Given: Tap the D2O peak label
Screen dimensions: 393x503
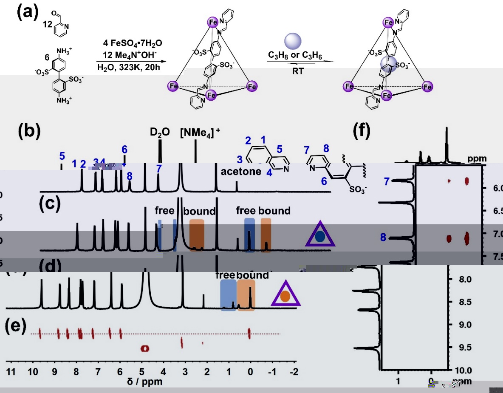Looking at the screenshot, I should (160, 132).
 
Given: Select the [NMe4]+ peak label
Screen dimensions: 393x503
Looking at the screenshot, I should (200, 132).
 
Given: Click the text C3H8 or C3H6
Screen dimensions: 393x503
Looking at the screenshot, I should (292, 55).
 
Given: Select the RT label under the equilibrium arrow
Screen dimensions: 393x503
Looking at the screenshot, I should (298, 71).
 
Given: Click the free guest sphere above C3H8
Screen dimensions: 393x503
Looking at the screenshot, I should (292, 41).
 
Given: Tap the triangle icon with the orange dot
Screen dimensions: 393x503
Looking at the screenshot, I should (286, 294).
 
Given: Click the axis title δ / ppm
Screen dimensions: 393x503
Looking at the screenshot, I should (144, 382).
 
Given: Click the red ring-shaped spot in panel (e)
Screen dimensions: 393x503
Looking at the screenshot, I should (145, 348).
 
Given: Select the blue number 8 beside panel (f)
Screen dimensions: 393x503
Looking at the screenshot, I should (383, 237).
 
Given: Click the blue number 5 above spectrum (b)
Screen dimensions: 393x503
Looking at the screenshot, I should (62, 156).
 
